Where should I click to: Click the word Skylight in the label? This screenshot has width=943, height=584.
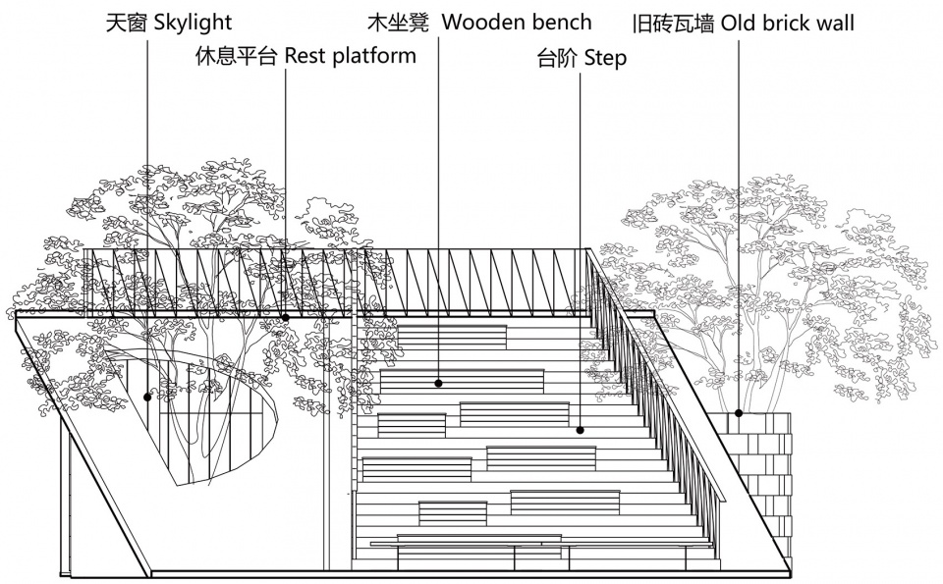click(x=194, y=24)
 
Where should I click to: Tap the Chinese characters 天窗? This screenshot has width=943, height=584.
click(x=127, y=23)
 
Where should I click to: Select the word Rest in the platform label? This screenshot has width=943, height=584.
click(x=305, y=55)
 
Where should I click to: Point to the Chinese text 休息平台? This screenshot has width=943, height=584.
click(x=236, y=56)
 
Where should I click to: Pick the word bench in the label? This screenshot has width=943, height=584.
click(x=561, y=23)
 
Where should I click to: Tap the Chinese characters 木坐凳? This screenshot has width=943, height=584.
click(x=398, y=23)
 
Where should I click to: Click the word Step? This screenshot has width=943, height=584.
click(x=606, y=58)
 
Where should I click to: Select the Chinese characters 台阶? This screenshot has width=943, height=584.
click(x=557, y=58)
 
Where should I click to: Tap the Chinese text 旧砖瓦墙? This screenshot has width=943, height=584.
click(x=673, y=24)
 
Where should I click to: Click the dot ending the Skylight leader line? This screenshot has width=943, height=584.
click(x=147, y=397)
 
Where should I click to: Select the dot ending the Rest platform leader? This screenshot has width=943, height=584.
click(x=285, y=317)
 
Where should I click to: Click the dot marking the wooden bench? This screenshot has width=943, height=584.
click(x=438, y=383)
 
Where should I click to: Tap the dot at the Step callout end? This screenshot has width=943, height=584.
click(x=581, y=430)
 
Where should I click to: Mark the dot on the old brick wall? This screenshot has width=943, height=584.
click(x=739, y=413)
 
